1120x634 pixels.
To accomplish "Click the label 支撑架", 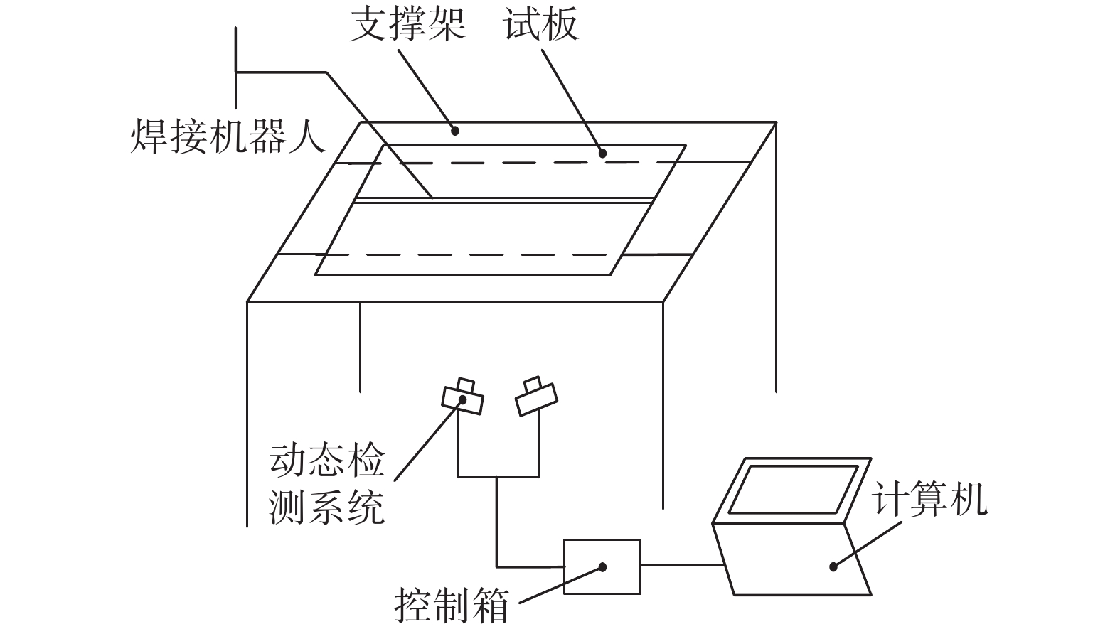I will click(407, 26).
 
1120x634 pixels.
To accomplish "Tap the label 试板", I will click(541, 26).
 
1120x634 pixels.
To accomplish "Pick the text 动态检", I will click(326, 460).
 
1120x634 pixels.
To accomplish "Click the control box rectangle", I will click(602, 566).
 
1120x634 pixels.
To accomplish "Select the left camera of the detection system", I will click(463, 397).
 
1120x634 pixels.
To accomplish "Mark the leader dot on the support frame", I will click(456, 130).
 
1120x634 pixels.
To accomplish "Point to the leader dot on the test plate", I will click(602, 152).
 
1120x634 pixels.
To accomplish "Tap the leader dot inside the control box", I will click(602, 567).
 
